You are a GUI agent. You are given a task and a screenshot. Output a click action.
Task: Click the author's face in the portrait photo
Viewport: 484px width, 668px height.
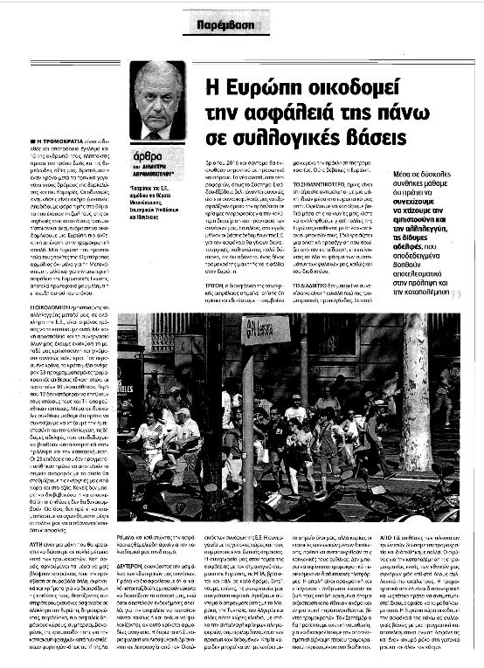(158, 97)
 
